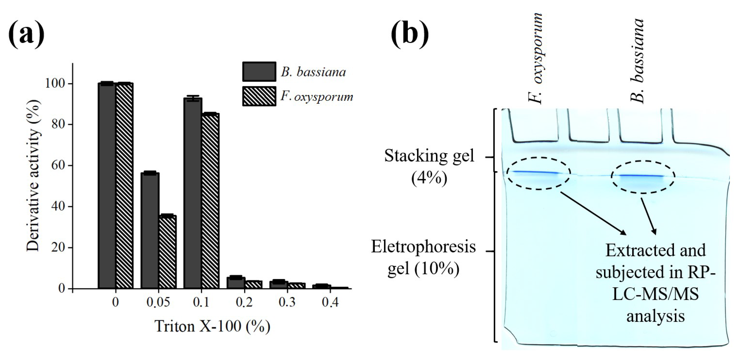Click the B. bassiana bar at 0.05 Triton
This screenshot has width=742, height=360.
[150, 231]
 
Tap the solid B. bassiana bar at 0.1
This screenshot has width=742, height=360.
[193, 193]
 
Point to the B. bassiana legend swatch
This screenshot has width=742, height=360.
[259, 71]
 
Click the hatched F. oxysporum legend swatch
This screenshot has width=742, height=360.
[259, 96]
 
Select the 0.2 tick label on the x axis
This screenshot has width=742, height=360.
[244, 302]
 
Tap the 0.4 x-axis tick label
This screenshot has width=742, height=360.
[330, 302]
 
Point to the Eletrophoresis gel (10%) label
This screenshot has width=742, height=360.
[424, 257]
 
